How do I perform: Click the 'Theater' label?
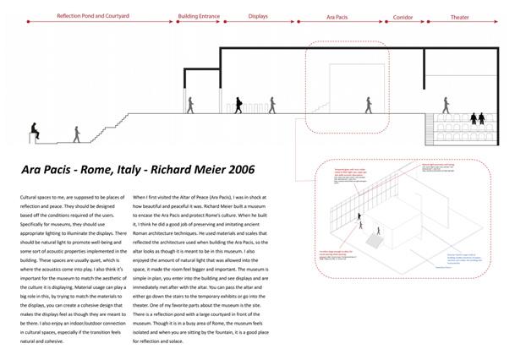[x=459, y=16]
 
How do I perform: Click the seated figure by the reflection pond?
[x=34, y=131]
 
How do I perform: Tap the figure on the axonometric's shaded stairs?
[x=364, y=226]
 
